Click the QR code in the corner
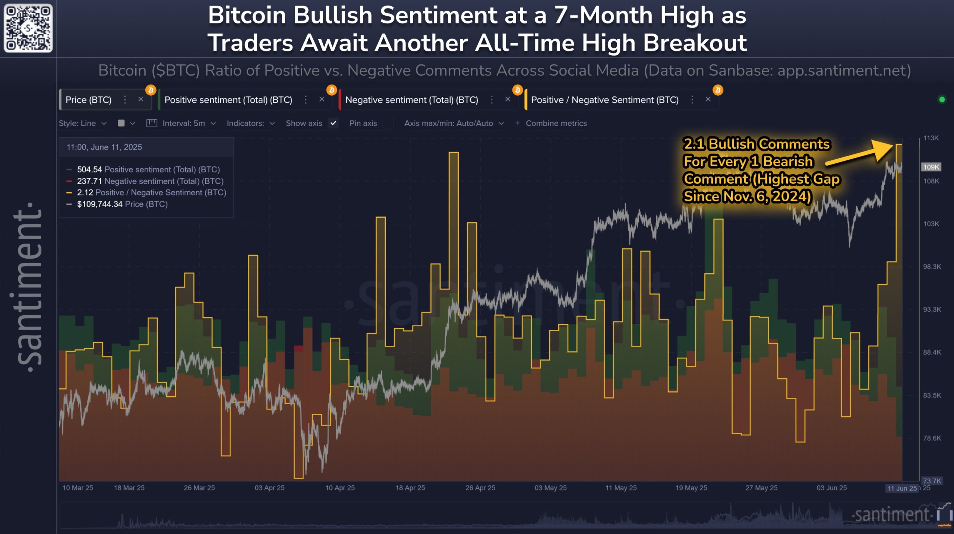point(28,28)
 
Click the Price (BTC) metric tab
point(89,100)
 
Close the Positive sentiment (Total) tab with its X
point(322,99)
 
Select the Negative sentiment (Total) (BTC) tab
point(411,100)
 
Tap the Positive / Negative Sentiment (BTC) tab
point(604,100)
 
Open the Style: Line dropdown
point(83,123)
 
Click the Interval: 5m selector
point(189,123)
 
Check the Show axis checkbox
point(333,123)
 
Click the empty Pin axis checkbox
point(388,123)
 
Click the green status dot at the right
point(942,100)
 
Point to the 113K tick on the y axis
point(931,138)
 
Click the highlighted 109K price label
point(931,167)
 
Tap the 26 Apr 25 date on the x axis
point(480,488)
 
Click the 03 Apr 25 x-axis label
point(269,488)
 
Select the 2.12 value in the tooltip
point(85,193)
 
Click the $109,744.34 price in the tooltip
point(99,204)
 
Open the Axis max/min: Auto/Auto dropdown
point(453,123)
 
